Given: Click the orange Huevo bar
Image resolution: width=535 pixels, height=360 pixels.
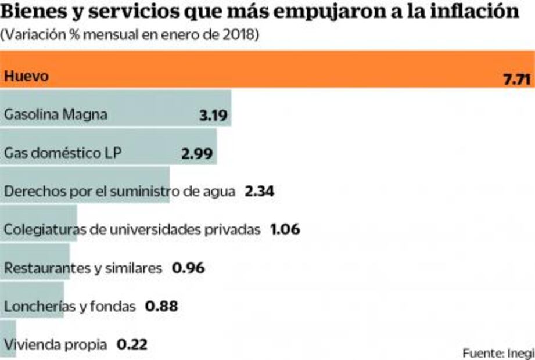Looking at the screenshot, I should click(267, 70).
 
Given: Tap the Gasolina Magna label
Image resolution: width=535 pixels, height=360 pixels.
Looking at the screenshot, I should click(56, 114).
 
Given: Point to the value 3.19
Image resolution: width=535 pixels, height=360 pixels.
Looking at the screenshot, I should click(213, 115).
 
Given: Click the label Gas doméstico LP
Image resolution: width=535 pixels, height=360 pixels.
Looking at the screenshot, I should click(63, 153).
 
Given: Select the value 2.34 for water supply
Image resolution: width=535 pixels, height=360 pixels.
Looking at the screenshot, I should click(260, 192).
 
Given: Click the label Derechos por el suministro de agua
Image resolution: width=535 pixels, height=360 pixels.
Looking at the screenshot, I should click(120, 192).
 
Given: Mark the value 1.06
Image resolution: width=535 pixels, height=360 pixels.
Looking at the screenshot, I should click(285, 230).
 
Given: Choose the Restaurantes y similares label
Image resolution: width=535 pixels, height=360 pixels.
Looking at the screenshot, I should click(83, 268).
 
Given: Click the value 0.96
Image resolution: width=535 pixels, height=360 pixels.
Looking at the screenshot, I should click(189, 268).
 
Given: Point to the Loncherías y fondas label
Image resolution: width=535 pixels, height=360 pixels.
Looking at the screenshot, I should click(70, 306).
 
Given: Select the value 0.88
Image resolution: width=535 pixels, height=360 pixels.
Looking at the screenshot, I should click(161, 306).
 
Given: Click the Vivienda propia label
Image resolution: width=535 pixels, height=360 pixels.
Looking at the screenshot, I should click(55, 344).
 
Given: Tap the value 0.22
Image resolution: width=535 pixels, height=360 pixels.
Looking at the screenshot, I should click(132, 344).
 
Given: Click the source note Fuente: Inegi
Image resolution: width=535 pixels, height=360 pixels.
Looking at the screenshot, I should click(498, 352).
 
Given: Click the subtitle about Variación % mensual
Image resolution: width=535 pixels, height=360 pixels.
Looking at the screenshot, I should click(130, 35).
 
